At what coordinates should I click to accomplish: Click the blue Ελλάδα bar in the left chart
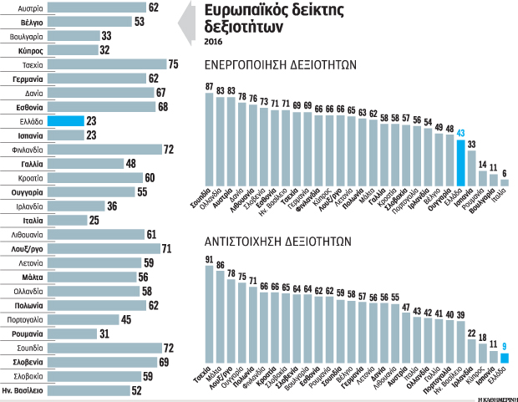pos(66,121)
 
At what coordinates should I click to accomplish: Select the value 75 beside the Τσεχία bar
pos(173,64)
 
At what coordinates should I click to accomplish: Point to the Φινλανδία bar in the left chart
pos(104,150)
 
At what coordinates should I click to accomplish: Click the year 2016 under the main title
pos(214,41)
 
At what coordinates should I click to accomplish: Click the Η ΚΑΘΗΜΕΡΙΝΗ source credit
pos(494,398)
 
